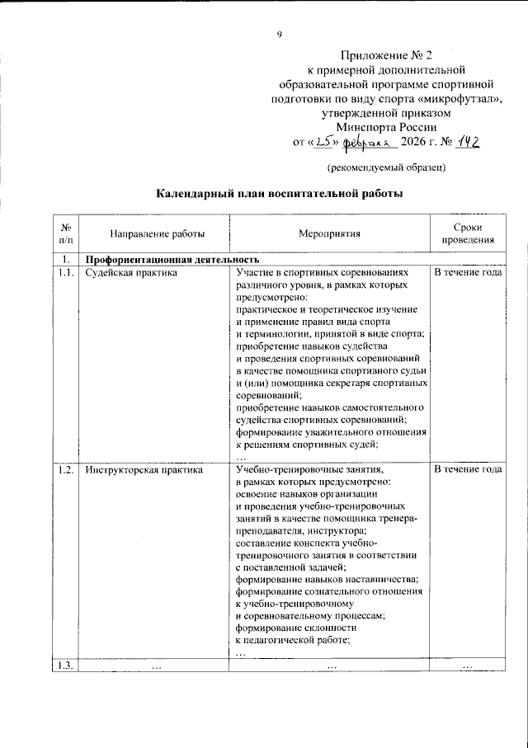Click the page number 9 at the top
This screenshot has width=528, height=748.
click(x=280, y=34)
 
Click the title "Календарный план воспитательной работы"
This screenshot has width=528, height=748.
click(x=280, y=195)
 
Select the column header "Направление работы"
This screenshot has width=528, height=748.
click(x=153, y=233)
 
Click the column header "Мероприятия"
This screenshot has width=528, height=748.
click(x=330, y=233)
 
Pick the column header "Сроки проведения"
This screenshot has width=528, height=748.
click(x=468, y=233)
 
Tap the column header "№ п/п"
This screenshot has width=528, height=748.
click(x=65, y=233)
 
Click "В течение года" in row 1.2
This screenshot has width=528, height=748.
click(x=468, y=470)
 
